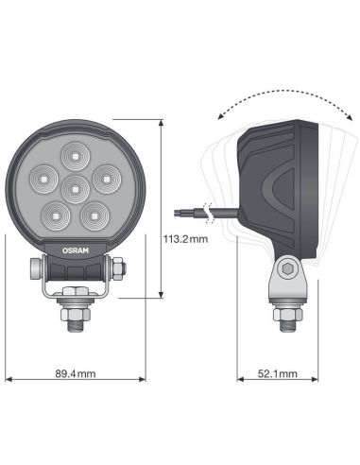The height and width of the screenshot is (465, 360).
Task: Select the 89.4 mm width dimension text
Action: pos(75,375)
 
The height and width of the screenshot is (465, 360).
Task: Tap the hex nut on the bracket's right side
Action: pos(118,269)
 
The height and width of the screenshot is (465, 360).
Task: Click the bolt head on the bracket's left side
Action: pos(35,269)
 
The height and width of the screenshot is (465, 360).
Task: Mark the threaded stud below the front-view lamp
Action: pos(75,325)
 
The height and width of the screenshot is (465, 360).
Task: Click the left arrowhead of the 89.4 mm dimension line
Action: pos(9,375)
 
